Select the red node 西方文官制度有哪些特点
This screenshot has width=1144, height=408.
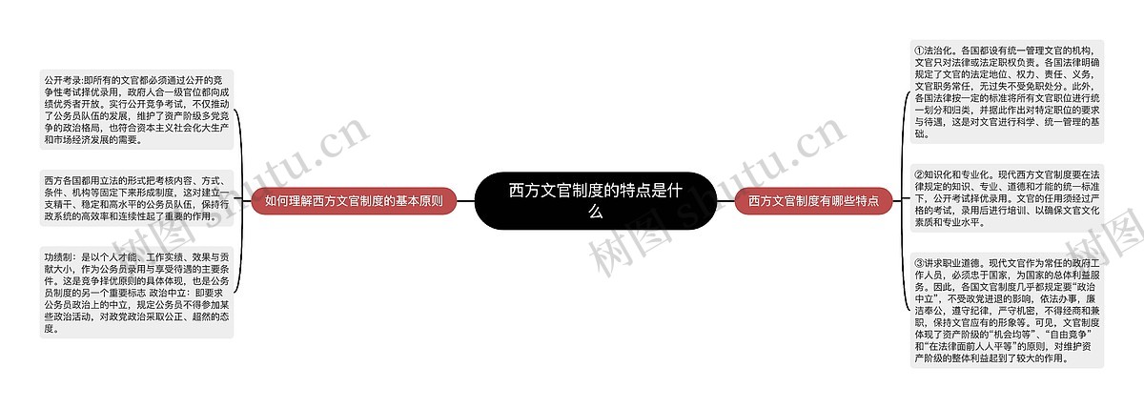pyautogui.click(x=813, y=201)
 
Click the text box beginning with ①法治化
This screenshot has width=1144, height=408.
pyautogui.click(x=1008, y=92)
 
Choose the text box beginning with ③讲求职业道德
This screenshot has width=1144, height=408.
pyautogui.click(x=1008, y=310)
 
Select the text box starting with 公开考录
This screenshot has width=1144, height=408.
pyautogui.click(x=136, y=109)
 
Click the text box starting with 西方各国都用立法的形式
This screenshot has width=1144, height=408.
pyautogui.click(x=136, y=198)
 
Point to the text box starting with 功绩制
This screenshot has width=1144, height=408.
pyautogui.click(x=136, y=293)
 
